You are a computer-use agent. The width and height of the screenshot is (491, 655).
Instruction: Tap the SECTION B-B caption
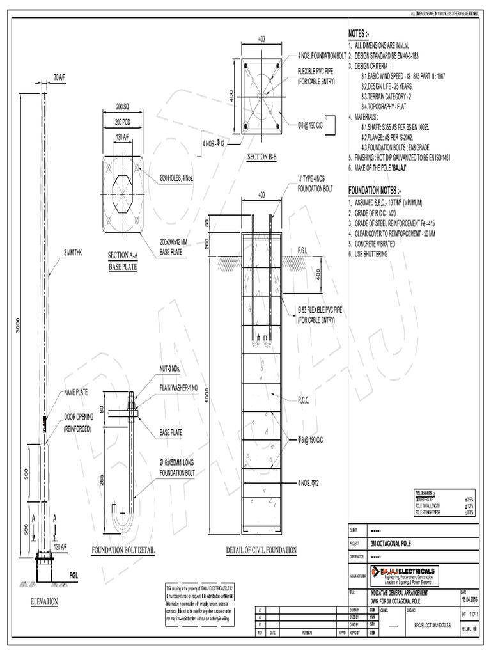[x=261, y=157]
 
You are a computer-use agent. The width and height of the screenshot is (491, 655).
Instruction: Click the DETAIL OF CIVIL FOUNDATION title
[x=262, y=549]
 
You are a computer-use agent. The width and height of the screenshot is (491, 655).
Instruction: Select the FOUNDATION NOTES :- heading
[x=374, y=191]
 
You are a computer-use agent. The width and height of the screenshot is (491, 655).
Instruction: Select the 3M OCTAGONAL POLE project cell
[x=392, y=543]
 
